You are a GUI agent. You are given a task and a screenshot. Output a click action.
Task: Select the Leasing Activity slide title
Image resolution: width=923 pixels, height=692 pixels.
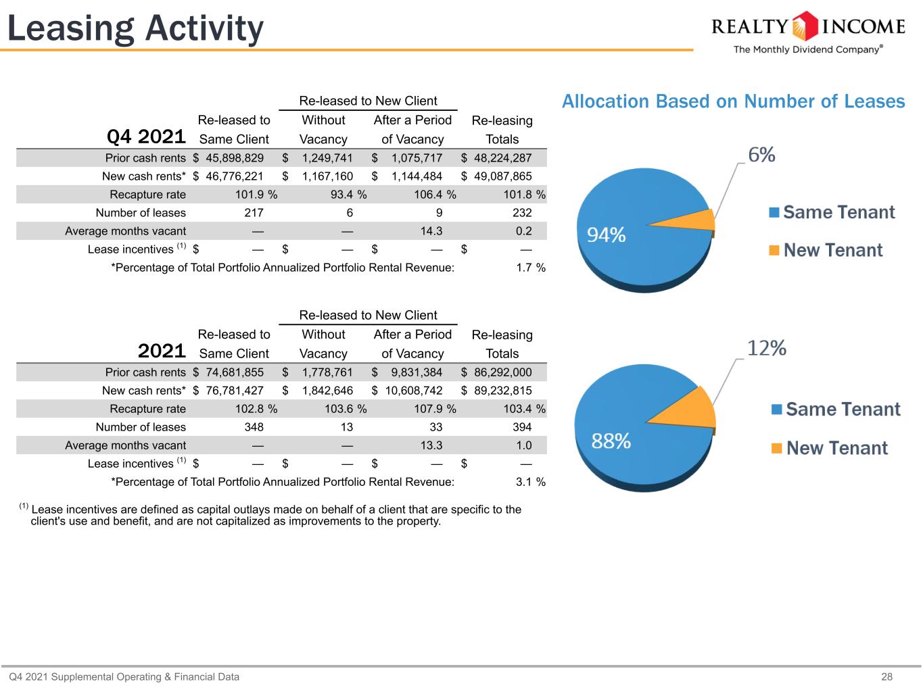pyautogui.click(x=135, y=28)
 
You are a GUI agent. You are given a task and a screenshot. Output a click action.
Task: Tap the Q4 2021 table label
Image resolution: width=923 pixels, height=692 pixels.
pyautogui.click(x=146, y=137)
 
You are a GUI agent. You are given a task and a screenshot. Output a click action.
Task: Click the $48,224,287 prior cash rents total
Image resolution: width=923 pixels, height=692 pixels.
pyautogui.click(x=496, y=158)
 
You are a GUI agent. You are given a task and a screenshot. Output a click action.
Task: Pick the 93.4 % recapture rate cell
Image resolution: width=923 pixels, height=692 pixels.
pyautogui.click(x=348, y=195)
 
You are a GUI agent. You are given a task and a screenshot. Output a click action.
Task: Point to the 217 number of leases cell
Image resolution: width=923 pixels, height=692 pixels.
pyautogui.click(x=254, y=213)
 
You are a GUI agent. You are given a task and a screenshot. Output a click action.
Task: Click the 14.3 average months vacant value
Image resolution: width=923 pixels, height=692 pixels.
pyautogui.click(x=431, y=231)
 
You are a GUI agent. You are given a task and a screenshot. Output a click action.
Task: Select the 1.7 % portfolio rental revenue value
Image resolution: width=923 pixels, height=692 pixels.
pyautogui.click(x=531, y=268)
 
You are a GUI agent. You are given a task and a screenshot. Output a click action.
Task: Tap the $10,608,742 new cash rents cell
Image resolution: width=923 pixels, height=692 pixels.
pyautogui.click(x=407, y=391)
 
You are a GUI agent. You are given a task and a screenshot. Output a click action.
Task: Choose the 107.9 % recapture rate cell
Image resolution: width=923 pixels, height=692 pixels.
pyautogui.click(x=435, y=409)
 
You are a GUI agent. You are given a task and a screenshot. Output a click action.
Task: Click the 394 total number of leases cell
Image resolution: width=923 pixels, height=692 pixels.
pyautogui.click(x=522, y=427)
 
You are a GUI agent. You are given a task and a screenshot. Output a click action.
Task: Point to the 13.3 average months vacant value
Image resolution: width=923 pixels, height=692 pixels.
pyautogui.click(x=431, y=445)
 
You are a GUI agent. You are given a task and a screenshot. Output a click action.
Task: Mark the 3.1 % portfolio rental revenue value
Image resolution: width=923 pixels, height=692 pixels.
pyautogui.click(x=531, y=482)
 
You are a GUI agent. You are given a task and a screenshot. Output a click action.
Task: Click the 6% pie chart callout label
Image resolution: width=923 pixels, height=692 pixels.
pyautogui.click(x=761, y=155)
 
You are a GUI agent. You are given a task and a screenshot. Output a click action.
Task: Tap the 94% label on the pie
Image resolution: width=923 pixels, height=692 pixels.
pyautogui.click(x=606, y=234)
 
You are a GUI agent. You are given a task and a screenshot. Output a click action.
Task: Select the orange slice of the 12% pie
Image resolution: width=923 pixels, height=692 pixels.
pyautogui.click(x=690, y=410)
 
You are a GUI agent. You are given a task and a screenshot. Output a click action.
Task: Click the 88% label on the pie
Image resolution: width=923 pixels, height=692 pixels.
pyautogui.click(x=611, y=441)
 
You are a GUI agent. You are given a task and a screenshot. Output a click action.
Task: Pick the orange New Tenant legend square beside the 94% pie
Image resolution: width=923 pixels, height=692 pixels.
pyautogui.click(x=774, y=251)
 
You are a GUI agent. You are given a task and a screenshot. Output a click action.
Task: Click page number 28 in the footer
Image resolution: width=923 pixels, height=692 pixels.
pyautogui.click(x=886, y=676)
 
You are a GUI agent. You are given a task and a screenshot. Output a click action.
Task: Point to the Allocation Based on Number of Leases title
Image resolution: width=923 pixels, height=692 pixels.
pyautogui.click(x=734, y=101)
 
